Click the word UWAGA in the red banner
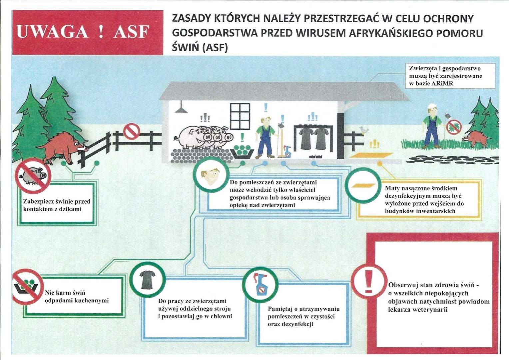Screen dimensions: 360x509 (52, 32)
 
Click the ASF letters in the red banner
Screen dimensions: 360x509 (131, 32)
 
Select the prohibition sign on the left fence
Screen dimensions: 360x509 (131, 131)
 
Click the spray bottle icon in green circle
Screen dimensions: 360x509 (260, 284)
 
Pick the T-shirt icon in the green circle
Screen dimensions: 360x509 (147, 279)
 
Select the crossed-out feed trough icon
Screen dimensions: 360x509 (27, 287)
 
